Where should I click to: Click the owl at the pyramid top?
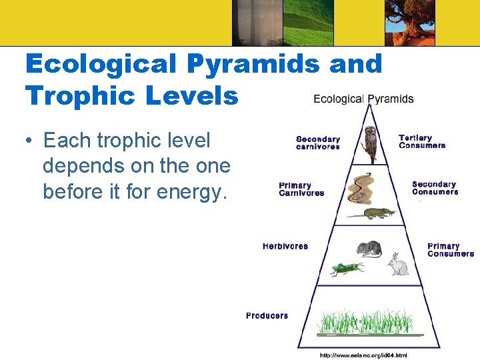point(371,143)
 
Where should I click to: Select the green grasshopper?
point(346,269)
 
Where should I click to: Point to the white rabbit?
point(398,264)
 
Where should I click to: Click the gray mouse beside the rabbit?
point(368,249)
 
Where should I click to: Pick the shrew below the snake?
point(370,214)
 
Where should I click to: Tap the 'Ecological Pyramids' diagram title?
point(363,99)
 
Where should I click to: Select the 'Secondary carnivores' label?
point(318,143)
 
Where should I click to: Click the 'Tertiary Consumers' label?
point(421,141)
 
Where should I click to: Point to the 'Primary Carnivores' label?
point(301,189)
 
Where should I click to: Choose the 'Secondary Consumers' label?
point(435,188)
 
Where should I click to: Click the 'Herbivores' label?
point(285,246)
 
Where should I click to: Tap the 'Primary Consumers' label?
point(451,250)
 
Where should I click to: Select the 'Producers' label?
point(267,315)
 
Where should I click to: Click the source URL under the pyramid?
point(363,355)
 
